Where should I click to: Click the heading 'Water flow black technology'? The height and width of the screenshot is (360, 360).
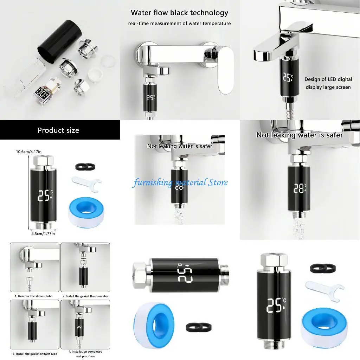(x=179, y=13)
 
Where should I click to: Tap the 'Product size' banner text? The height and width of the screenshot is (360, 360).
(x=58, y=130)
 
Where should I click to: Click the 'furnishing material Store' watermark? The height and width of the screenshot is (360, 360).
(x=180, y=182)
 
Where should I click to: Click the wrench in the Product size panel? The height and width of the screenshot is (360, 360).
(x=86, y=183)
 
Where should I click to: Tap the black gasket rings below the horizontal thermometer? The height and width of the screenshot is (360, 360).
(x=194, y=327)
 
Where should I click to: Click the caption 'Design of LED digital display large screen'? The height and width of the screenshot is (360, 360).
(x=328, y=83)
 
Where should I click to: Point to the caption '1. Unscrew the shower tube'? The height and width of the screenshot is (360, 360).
(x=34, y=296)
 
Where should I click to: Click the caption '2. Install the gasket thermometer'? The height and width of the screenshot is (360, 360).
(x=85, y=296)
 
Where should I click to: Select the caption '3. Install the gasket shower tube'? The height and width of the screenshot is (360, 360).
(x=35, y=353)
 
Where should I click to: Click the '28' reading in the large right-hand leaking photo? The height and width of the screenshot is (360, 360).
(x=300, y=189)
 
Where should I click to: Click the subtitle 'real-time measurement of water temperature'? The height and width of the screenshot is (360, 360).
(x=179, y=24)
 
